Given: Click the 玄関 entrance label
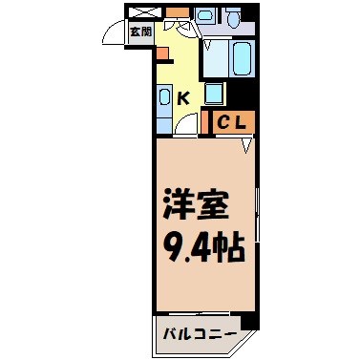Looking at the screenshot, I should pyautogui.click(x=138, y=30).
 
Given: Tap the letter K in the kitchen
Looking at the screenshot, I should pyautogui.click(x=184, y=96).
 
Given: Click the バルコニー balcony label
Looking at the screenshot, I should pyautogui.click(x=201, y=335).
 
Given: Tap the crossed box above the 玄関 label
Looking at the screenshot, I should pyautogui.click(x=139, y=11).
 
